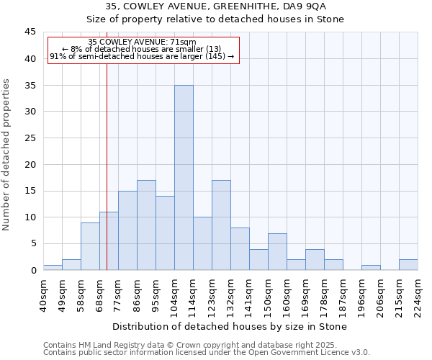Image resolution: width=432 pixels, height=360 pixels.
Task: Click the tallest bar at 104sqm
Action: [184, 178]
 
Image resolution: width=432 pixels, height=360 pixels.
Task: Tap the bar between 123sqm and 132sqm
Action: [221, 225]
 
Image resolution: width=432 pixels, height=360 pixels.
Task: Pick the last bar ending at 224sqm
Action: [408, 265]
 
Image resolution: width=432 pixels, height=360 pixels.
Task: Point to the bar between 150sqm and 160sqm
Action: [277, 251]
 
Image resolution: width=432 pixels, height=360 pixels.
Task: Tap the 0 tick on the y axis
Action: [33, 270]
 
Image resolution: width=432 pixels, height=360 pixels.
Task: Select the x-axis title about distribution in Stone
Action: [230, 326]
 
